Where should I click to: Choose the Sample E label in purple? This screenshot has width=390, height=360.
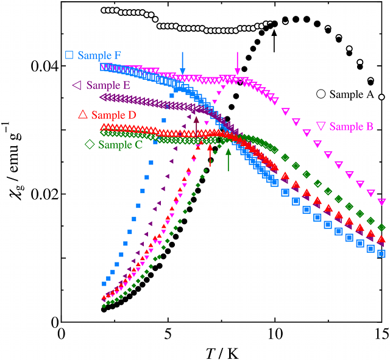pyautogui.click(x=108, y=85)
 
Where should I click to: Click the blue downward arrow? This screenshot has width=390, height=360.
pyautogui.click(x=182, y=63)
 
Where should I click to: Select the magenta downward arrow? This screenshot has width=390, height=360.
pyautogui.click(x=238, y=63)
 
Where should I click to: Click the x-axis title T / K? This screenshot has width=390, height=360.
pyautogui.click(x=222, y=351)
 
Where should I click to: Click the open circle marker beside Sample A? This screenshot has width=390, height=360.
pyautogui.click(x=321, y=94)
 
